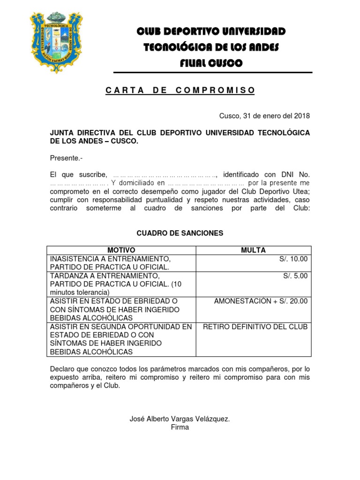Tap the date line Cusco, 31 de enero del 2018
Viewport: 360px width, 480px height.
tap(264, 116)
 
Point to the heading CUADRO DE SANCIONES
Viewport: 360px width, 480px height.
tap(180, 233)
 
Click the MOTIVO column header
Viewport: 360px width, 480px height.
tap(121, 250)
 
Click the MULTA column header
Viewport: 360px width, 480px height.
tap(253, 250)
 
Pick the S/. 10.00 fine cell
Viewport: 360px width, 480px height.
tap(295, 259)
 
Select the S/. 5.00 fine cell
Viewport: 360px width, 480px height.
tap(296, 276)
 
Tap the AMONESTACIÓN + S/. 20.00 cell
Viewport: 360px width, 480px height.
tap(261, 301)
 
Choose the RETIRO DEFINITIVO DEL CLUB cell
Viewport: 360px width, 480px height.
tap(255, 327)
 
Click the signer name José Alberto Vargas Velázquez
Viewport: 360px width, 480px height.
tap(180, 419)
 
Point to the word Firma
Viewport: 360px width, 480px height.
tap(180, 427)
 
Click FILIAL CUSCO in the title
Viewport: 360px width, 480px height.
tap(211, 63)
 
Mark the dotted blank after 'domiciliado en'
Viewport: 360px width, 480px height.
tap(206, 183)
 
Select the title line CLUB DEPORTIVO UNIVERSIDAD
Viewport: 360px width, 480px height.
tap(211, 31)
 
